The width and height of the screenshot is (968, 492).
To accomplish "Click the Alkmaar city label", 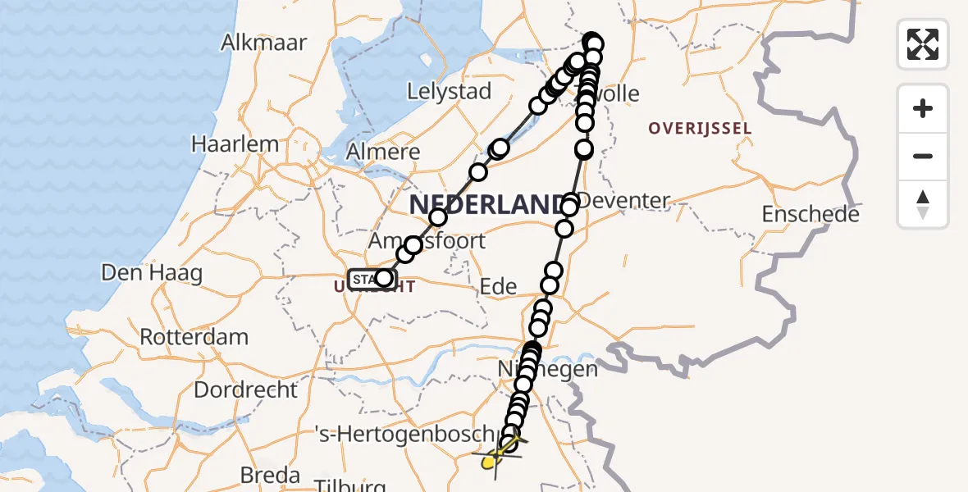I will point(263,43).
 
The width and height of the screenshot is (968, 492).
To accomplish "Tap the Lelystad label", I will point(449,91).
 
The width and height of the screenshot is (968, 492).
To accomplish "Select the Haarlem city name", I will point(235,144).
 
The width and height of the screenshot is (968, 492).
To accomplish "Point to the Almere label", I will point(383,152).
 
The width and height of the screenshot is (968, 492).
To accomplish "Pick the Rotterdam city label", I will point(194,337).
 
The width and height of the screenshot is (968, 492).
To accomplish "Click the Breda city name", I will point(269,476).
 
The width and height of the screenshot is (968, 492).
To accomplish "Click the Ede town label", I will point(498,286).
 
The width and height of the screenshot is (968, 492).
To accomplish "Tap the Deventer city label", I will point(623,201).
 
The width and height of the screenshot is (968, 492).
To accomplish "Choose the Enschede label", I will point(810,215).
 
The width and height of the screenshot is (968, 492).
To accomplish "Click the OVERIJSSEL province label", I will point(700,129).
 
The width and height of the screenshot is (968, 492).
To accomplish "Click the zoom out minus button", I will point(923,156).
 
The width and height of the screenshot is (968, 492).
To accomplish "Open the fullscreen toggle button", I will point(923,44).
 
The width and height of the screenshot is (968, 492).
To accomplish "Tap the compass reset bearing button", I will point(923,204).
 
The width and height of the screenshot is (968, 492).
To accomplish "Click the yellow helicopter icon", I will point(495,458).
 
